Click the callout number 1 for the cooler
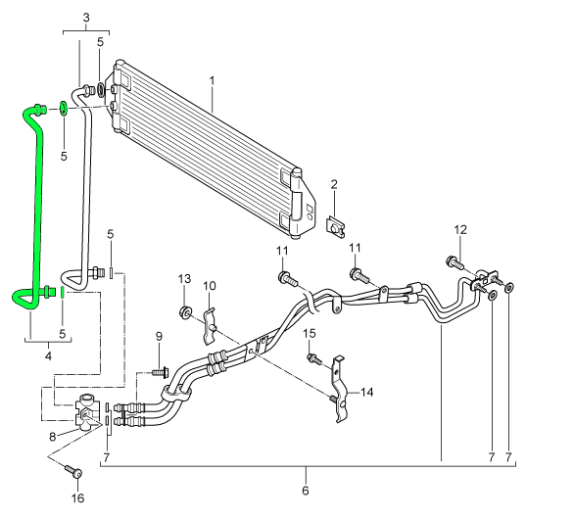212,81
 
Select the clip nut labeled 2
336,227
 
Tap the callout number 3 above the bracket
86,18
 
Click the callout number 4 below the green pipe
48,355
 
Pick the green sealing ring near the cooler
63,109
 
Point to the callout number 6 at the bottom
306,490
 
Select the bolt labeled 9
159,373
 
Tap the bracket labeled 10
209,327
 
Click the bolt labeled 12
454,263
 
